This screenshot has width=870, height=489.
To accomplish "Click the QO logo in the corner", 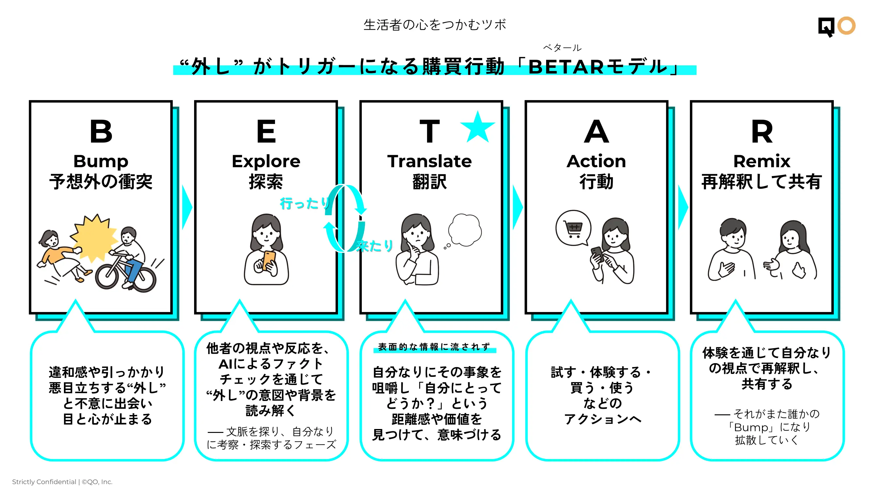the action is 837,26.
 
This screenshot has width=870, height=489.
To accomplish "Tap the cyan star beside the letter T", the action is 478,127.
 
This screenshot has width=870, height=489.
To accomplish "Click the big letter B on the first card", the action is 101,131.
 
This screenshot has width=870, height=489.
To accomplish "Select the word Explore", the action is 266,161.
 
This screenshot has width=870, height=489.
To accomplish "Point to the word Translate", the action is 430,161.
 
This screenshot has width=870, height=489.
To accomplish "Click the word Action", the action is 596,161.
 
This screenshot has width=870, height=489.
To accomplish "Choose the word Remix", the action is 762,161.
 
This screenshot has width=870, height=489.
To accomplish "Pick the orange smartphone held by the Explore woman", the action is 269,260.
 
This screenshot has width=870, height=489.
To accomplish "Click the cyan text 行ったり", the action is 305,203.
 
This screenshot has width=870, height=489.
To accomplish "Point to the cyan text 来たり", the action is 375,246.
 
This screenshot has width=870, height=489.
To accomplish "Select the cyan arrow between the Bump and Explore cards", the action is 187,207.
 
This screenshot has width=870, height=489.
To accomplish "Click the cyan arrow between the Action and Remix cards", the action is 683,207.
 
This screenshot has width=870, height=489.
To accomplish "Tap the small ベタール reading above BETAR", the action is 562,48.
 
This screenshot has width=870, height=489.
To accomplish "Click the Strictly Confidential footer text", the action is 62,482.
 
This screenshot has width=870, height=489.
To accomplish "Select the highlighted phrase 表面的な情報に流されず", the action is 434,347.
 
